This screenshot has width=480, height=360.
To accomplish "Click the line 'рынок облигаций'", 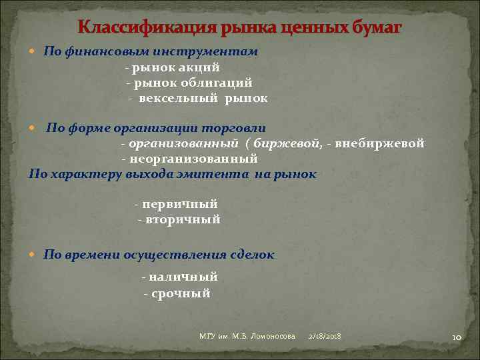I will (189, 83).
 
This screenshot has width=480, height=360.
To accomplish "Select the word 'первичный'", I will (179, 204).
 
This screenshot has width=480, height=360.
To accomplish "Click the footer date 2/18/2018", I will (325, 337).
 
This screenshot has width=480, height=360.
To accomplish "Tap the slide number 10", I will (457, 337).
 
